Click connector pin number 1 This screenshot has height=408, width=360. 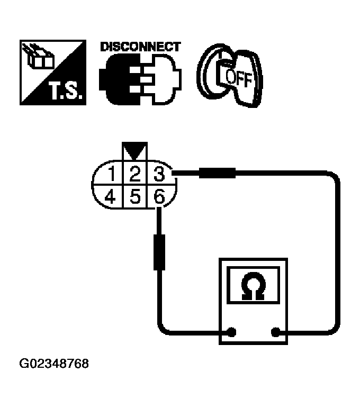(x=112, y=173)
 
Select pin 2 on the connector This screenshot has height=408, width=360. (x=134, y=173)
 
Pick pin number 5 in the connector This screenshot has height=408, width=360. (x=134, y=197)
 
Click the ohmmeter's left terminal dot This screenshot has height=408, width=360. (x=231, y=333)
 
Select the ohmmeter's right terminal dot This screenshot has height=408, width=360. (x=275, y=333)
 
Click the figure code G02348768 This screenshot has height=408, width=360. (x=54, y=365)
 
